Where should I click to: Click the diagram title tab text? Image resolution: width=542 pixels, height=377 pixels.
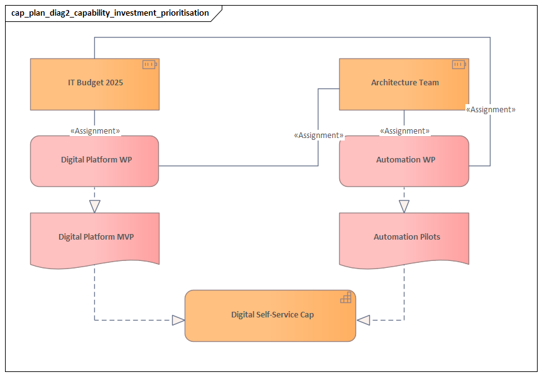(x=110, y=13)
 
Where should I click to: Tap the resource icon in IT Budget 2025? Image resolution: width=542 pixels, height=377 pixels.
(x=149, y=65)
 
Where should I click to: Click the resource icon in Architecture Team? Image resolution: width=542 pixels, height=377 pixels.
(x=458, y=65)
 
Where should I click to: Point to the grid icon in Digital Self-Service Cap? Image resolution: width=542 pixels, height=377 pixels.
(x=346, y=298)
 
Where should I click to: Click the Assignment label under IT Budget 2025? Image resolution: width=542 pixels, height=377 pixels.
(x=95, y=131)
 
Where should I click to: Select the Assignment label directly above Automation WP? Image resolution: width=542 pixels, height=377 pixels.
(x=404, y=131)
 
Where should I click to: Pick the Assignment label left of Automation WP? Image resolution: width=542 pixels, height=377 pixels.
(x=318, y=135)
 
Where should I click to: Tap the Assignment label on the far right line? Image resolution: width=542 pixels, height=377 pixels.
(x=491, y=109)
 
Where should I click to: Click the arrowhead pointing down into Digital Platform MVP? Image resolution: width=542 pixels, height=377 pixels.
(x=95, y=206)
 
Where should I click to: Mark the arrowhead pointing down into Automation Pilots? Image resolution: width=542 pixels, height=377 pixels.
(x=404, y=206)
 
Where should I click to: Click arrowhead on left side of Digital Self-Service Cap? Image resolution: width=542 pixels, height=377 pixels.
(x=178, y=321)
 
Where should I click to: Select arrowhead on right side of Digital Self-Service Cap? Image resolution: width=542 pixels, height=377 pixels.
(x=364, y=321)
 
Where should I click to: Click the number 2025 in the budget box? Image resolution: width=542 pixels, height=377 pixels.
(x=113, y=82)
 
